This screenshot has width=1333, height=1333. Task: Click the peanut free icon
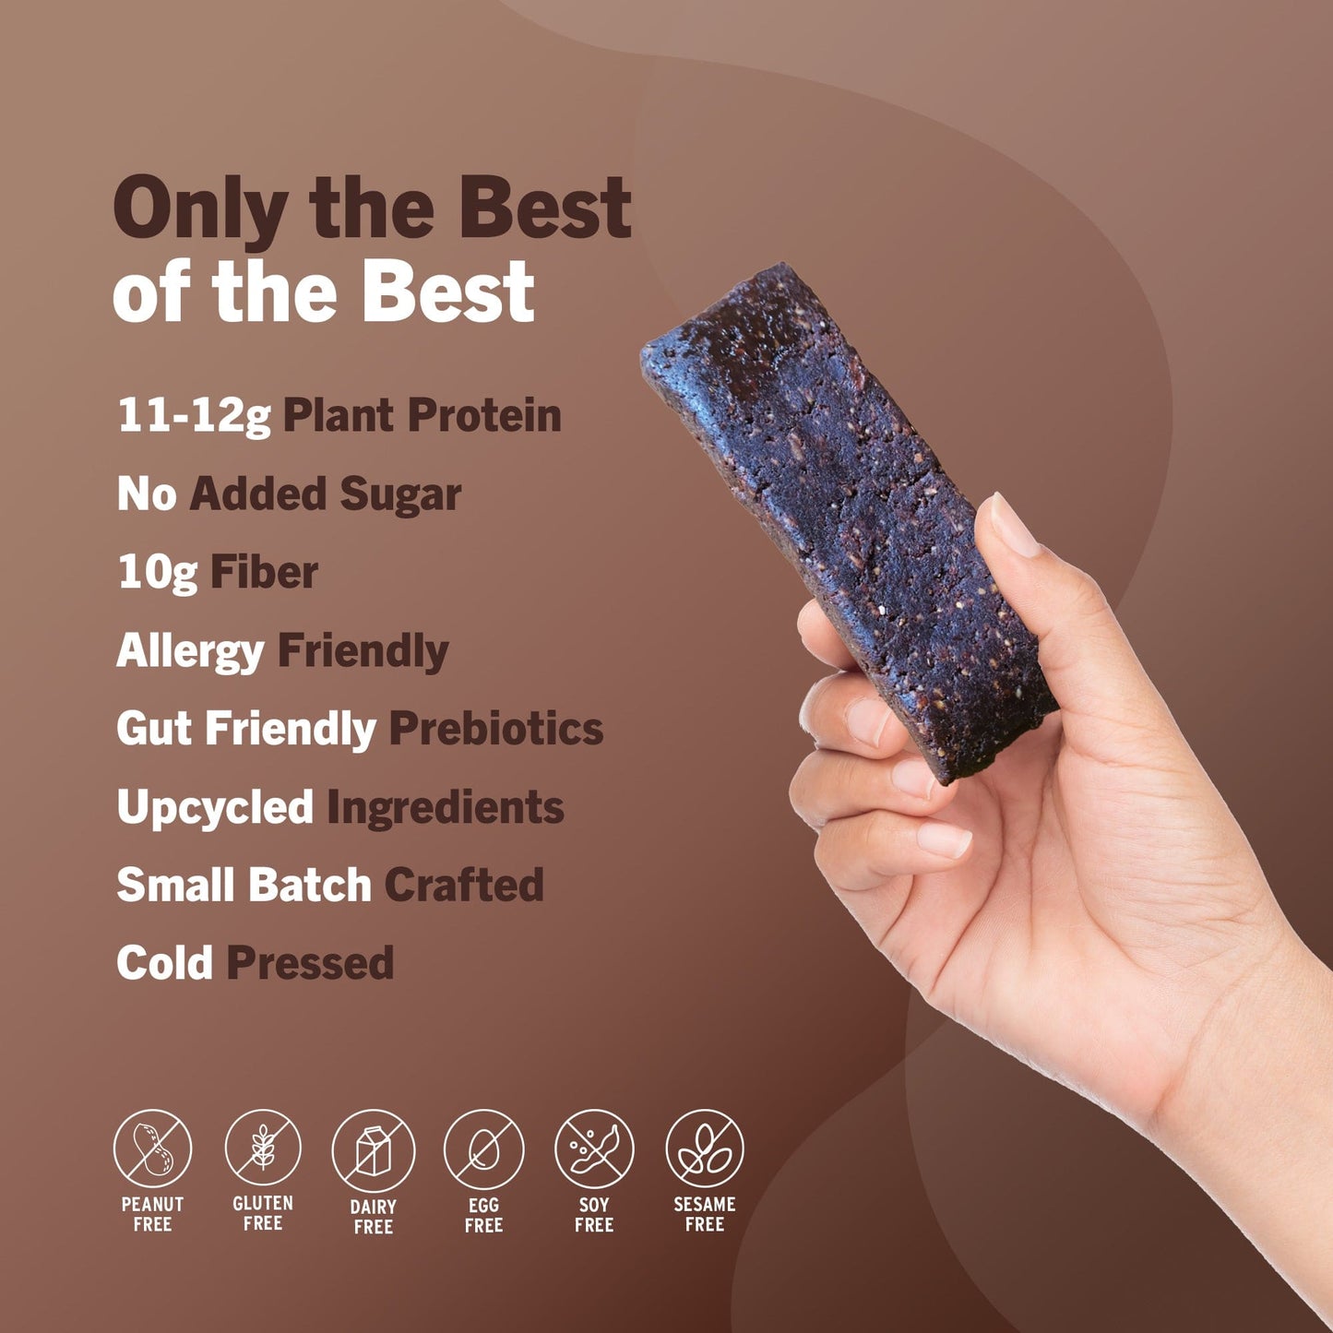[x=152, y=1149]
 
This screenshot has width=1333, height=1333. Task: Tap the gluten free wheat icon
[x=263, y=1149]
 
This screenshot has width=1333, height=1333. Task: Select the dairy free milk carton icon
[x=373, y=1150]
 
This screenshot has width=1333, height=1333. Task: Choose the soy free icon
[x=594, y=1149]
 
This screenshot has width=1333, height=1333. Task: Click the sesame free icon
[x=705, y=1149]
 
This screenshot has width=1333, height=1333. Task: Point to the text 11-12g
[x=194, y=416]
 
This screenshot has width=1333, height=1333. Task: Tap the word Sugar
[x=400, y=494]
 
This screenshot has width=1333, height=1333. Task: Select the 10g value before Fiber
[x=157, y=573]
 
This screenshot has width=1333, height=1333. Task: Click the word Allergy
[x=190, y=652]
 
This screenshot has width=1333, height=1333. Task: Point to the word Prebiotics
[x=496, y=729]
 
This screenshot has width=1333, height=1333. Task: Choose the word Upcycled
[x=215, y=808]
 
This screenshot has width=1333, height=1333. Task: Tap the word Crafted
[x=464, y=886]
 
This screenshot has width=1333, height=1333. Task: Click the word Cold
[x=164, y=963]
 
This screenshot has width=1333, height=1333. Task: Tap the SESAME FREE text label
[x=705, y=1214]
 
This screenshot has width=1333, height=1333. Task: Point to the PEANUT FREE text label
[x=152, y=1214]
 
